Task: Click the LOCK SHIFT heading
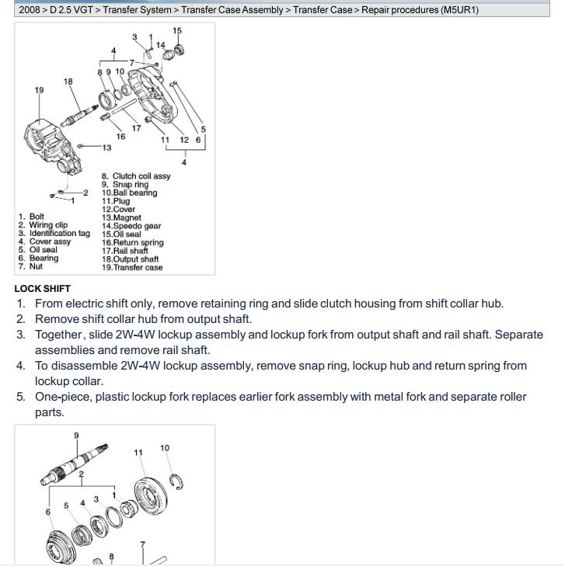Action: (x=42, y=289)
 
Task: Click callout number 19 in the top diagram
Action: (x=40, y=90)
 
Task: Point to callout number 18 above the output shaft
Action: (x=68, y=82)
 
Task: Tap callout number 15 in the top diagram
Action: (x=177, y=31)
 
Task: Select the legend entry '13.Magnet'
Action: (x=121, y=218)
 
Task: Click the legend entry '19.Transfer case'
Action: (x=132, y=268)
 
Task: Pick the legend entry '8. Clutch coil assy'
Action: (x=136, y=176)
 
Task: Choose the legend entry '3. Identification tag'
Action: (x=54, y=234)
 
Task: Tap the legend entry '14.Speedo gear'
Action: (x=131, y=226)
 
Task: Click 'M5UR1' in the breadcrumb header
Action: (x=459, y=10)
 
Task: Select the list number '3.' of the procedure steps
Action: (x=21, y=335)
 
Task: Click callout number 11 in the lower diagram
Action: (x=138, y=453)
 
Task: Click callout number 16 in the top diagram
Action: (x=120, y=137)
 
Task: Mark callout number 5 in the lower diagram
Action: (x=66, y=505)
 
